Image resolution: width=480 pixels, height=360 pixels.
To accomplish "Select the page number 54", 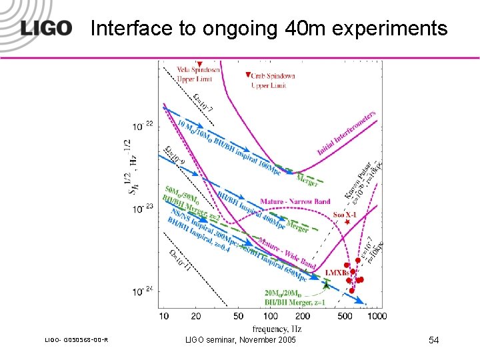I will [x=433, y=341].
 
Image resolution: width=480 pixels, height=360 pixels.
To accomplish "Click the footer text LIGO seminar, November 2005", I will [x=240, y=341].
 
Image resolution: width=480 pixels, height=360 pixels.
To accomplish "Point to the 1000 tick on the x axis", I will [x=376, y=316].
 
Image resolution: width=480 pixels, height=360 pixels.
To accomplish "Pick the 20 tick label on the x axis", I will [x=195, y=316].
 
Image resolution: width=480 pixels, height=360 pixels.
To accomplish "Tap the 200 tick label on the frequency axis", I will [x=303, y=316].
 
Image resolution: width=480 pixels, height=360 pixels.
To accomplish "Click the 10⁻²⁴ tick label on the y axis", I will [x=143, y=291].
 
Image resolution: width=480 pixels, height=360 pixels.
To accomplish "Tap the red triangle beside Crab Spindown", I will [x=248, y=75].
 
